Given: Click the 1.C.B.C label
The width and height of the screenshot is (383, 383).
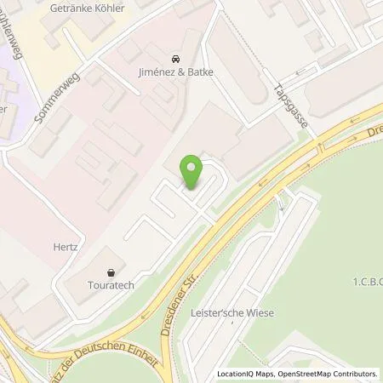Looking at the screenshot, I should [366, 281].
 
